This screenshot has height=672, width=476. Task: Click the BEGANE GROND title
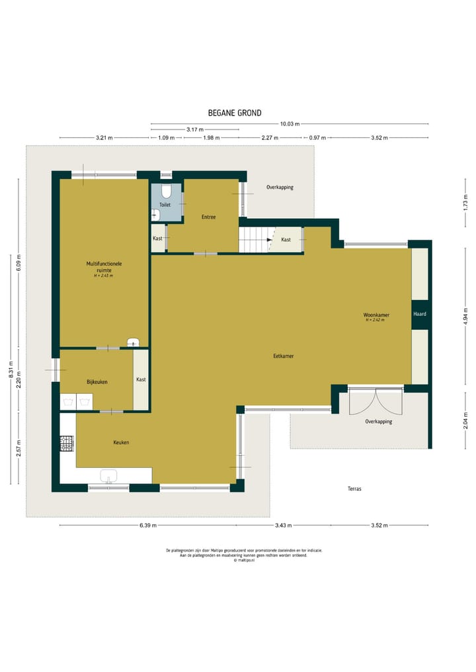(235, 113)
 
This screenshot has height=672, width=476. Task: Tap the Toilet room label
(165, 205)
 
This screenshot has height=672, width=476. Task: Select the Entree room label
(209, 217)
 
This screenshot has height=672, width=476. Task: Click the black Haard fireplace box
(420, 314)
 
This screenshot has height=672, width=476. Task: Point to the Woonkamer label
(376, 315)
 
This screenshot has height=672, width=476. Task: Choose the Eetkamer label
(284, 355)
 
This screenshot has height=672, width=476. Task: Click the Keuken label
(122, 442)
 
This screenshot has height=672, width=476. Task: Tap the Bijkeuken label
(97, 382)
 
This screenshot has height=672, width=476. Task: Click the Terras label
(354, 488)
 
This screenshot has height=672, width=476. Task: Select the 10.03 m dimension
(290, 124)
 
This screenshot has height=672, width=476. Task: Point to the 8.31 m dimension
(11, 369)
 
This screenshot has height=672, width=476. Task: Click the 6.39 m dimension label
(148, 525)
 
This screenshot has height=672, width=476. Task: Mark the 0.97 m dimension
(317, 137)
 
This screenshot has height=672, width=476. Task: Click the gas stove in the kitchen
(67, 443)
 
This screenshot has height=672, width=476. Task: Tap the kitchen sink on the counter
(108, 476)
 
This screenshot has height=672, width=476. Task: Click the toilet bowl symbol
(167, 191)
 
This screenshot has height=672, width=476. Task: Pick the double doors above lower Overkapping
(376, 400)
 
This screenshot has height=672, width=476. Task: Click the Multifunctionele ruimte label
(104, 267)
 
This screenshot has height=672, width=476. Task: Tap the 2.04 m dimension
(465, 420)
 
